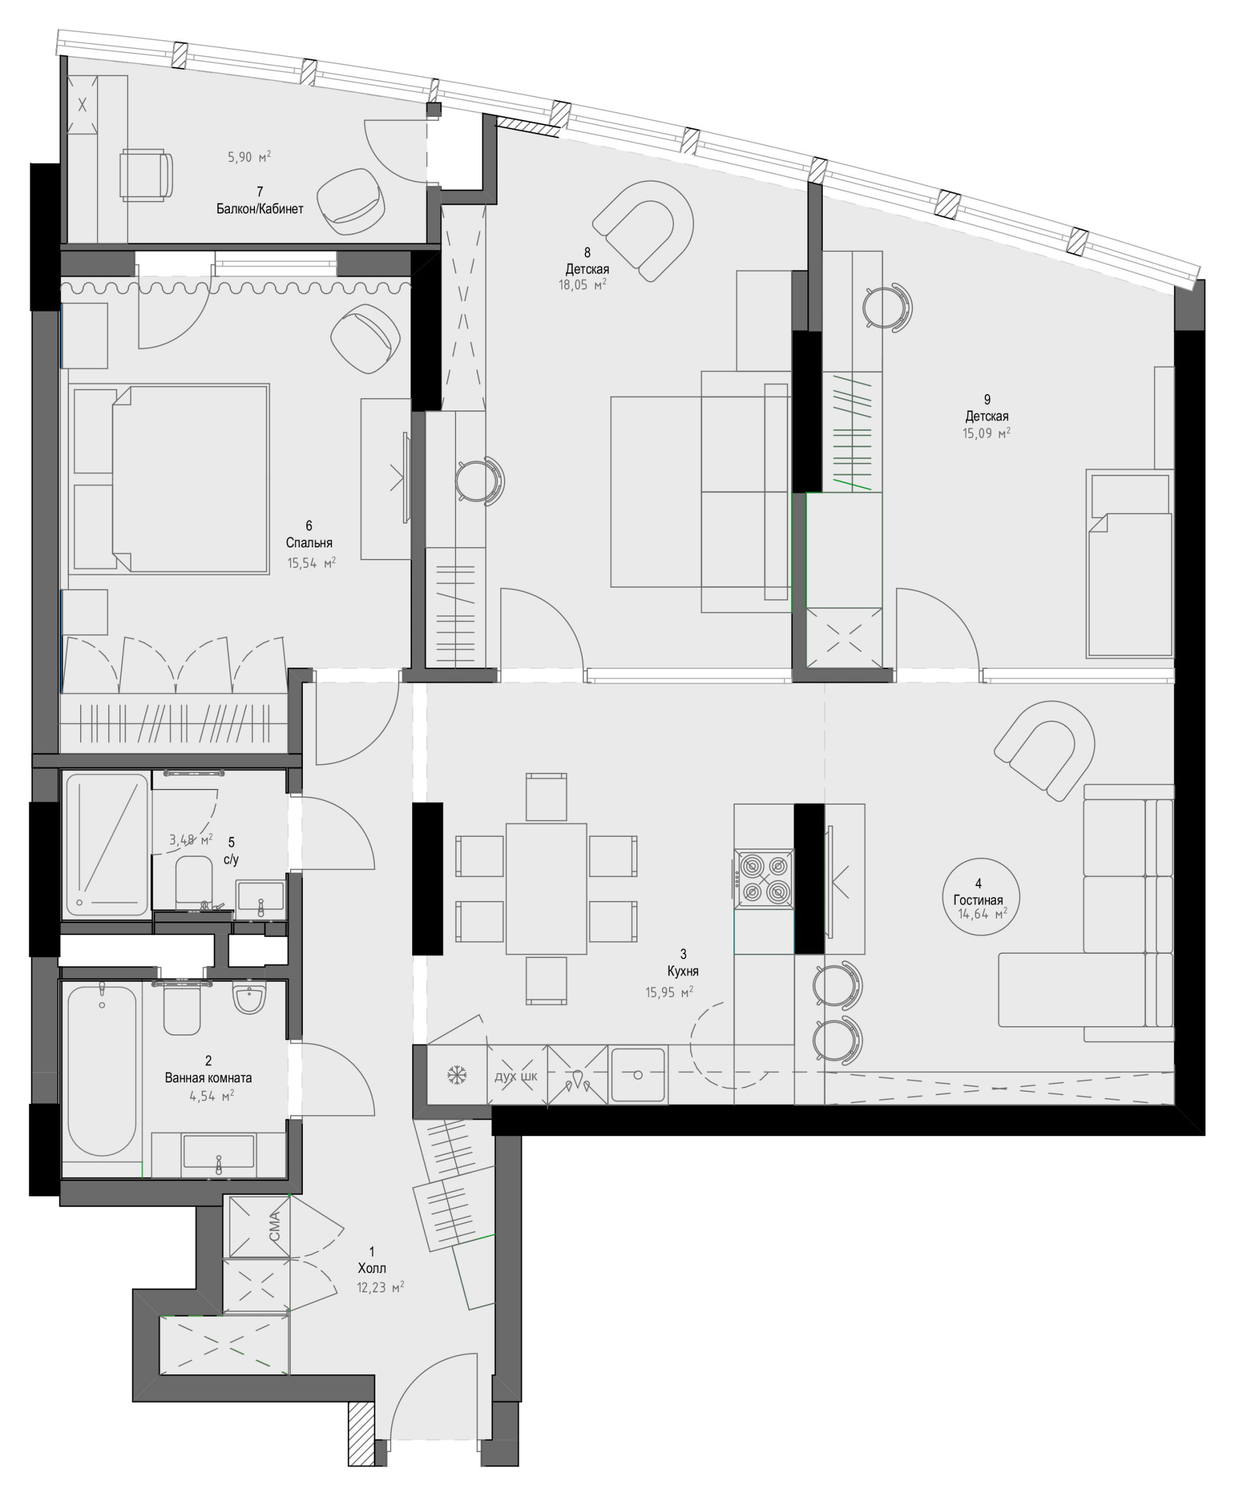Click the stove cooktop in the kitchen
tap(764, 879)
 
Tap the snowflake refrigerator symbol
tap(456, 1075)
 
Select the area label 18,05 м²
tap(582, 286)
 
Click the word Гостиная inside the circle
tap(978, 900)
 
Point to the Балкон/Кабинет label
tap(260, 209)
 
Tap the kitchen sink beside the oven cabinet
tap(638, 1075)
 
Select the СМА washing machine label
tap(275, 1227)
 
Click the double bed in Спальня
tap(189, 478)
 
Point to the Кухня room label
tap(682, 971)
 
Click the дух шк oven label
tap(516, 1076)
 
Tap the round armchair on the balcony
tap(351, 201)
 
